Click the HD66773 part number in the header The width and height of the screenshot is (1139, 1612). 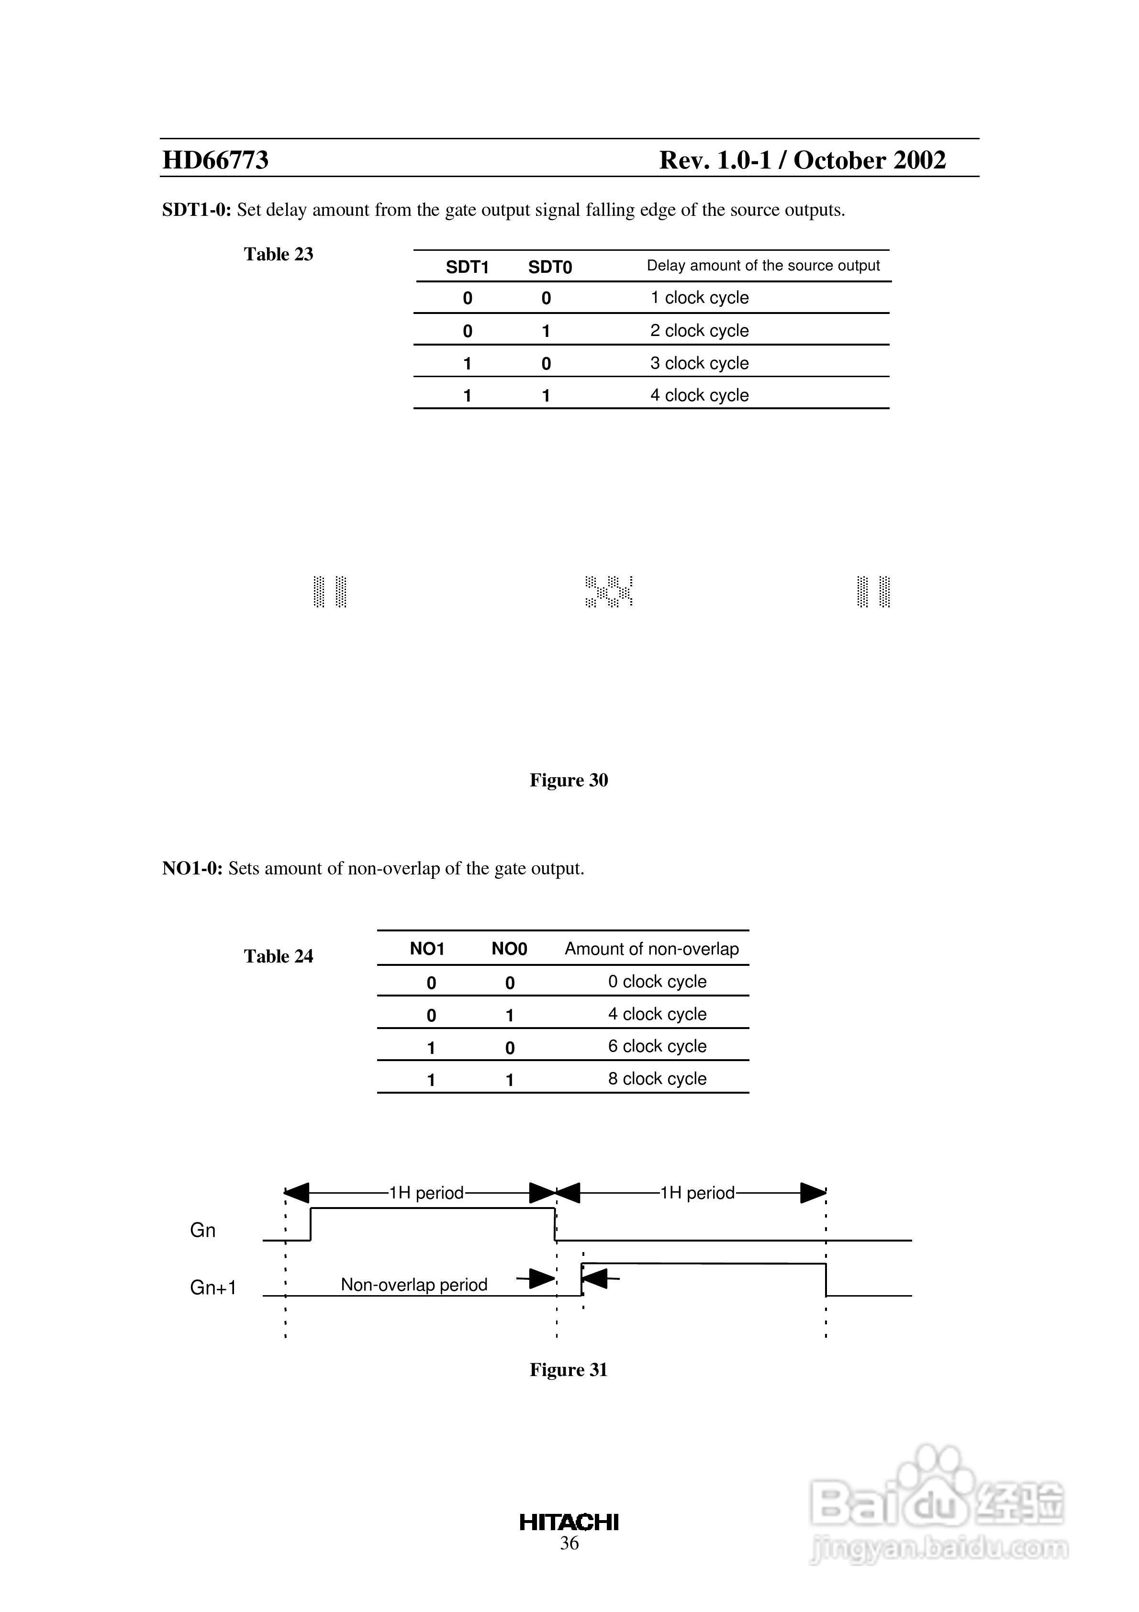tap(215, 160)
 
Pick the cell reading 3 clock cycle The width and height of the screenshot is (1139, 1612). tap(699, 363)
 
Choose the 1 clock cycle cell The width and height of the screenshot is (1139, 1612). tap(699, 298)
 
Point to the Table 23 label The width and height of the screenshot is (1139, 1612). tap(278, 254)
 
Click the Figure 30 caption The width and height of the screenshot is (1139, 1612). tap(569, 780)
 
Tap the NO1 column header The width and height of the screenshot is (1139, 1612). tap(427, 949)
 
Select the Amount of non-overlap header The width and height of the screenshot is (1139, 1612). tap(652, 949)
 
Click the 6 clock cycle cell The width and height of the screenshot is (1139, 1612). tap(657, 1046)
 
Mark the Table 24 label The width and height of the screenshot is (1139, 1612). tap(278, 956)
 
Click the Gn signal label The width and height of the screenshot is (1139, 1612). tap(203, 1230)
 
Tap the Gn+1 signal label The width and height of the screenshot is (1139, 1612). tap(213, 1287)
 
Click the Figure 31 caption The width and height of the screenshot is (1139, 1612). tap(569, 1370)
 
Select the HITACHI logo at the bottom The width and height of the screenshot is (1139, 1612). tap(569, 1522)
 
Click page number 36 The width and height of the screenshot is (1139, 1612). tap(569, 1543)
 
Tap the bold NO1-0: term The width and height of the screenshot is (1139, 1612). tap(192, 869)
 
